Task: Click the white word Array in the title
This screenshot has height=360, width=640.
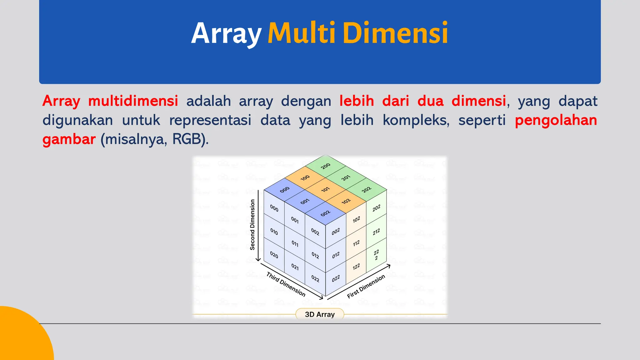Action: pyautogui.click(x=226, y=34)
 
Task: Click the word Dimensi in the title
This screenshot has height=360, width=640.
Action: pyautogui.click(x=396, y=33)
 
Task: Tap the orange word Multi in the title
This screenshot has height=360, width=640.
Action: pyautogui.click(x=301, y=33)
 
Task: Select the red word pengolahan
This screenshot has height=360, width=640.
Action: pyautogui.click(x=556, y=120)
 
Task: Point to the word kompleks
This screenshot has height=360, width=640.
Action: pyautogui.click(x=416, y=120)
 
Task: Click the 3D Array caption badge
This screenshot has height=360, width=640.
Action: pyautogui.click(x=320, y=314)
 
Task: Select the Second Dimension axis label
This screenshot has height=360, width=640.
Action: pyautogui.click(x=252, y=225)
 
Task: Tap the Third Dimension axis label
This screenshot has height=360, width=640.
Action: pyautogui.click(x=286, y=284)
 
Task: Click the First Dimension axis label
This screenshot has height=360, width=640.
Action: pyautogui.click(x=366, y=287)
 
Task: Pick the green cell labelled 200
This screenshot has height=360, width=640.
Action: pyautogui.click(x=326, y=166)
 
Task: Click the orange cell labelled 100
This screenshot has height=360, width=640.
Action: pyautogui.click(x=305, y=177)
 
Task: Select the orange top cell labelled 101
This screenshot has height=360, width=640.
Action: pyautogui.click(x=325, y=189)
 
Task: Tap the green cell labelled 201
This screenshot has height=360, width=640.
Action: pyautogui.click(x=346, y=178)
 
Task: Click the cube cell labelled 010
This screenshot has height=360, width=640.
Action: pyautogui.click(x=274, y=232)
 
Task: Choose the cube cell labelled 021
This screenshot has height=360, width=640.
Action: pyautogui.click(x=295, y=267)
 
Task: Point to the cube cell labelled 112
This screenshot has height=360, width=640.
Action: pyautogui.click(x=356, y=243)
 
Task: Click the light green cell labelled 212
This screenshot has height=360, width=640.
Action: pyautogui.click(x=376, y=232)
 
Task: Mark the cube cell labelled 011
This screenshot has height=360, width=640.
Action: pyautogui.click(x=295, y=243)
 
